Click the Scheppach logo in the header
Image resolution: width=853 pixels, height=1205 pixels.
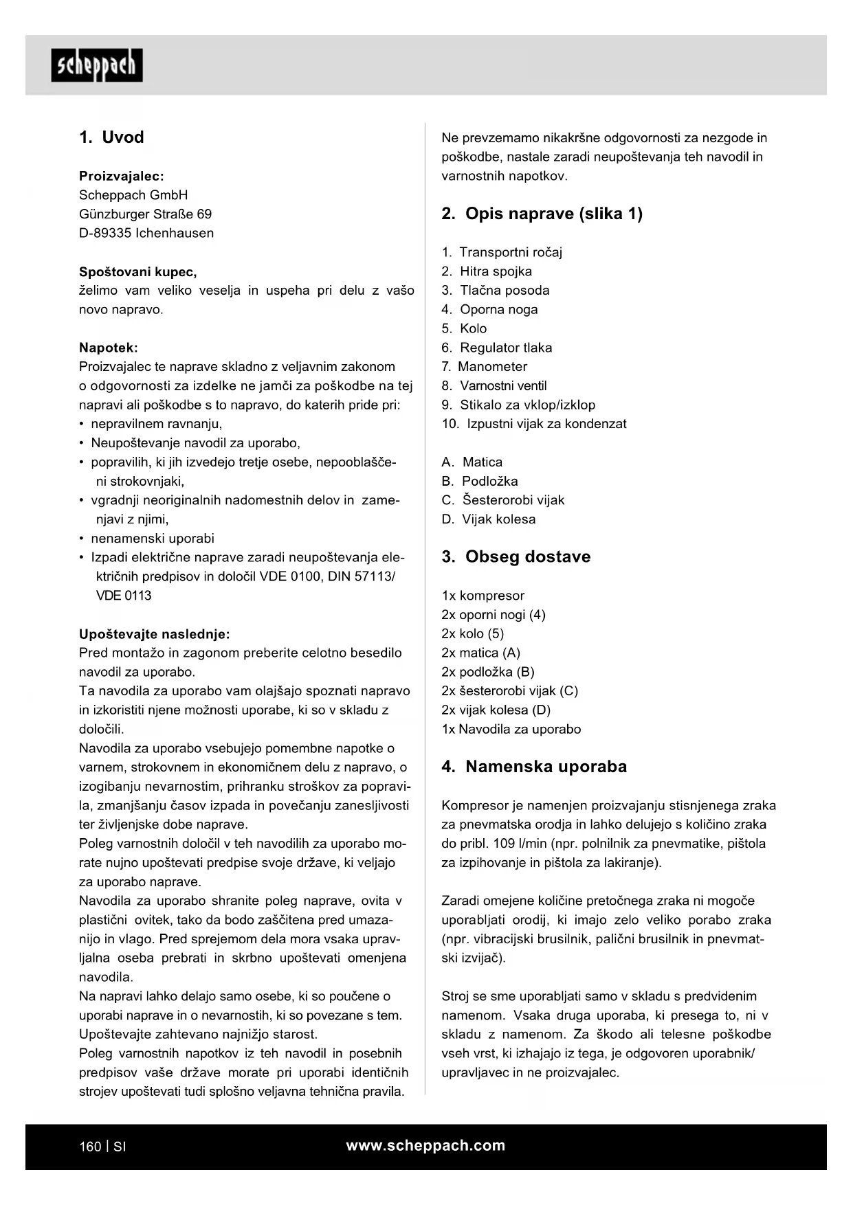tap(97, 65)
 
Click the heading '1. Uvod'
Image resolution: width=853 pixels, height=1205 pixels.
tap(111, 137)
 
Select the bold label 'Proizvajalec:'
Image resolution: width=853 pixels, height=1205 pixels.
tap(122, 176)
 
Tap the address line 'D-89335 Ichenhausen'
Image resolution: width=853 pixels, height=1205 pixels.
tap(146, 233)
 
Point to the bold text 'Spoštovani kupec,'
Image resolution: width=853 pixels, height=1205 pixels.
tap(138, 271)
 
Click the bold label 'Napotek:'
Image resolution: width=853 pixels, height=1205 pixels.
tap(109, 348)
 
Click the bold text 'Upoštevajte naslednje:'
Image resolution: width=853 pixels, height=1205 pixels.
tap(155, 634)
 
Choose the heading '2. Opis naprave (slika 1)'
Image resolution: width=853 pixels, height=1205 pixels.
tap(542, 214)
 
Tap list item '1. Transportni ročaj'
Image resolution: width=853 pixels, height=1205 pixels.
tap(502, 252)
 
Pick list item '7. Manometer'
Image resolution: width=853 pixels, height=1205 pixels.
tap(485, 367)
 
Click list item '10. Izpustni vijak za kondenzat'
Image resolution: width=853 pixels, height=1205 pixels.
tap(534, 424)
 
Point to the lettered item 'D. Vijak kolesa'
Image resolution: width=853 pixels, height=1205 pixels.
tap(489, 519)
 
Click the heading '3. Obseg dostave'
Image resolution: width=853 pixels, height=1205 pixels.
tap(516, 556)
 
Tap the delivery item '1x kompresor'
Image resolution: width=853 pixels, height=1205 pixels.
tap(483, 596)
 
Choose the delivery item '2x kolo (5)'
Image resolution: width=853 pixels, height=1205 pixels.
tap(473, 634)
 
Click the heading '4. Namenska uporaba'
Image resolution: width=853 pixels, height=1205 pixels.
tap(534, 767)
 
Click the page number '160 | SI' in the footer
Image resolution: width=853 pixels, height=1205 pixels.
tap(102, 1147)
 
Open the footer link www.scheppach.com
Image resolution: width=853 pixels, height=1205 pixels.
tap(425, 1145)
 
